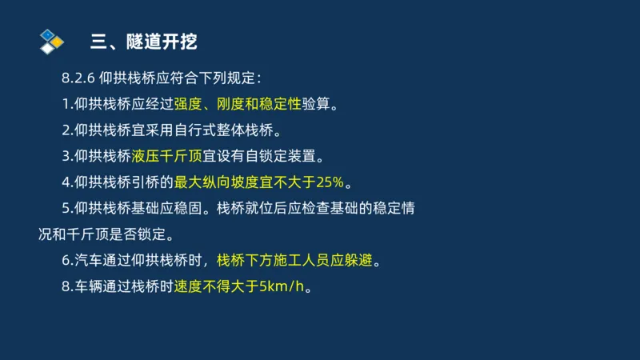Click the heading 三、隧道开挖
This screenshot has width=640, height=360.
pos(142,41)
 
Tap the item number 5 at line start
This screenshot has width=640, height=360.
pos(66,208)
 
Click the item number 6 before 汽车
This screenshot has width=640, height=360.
pos(66,260)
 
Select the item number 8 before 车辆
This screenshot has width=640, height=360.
pos(66,286)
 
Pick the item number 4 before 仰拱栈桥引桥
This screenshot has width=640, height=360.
pos(66,182)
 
